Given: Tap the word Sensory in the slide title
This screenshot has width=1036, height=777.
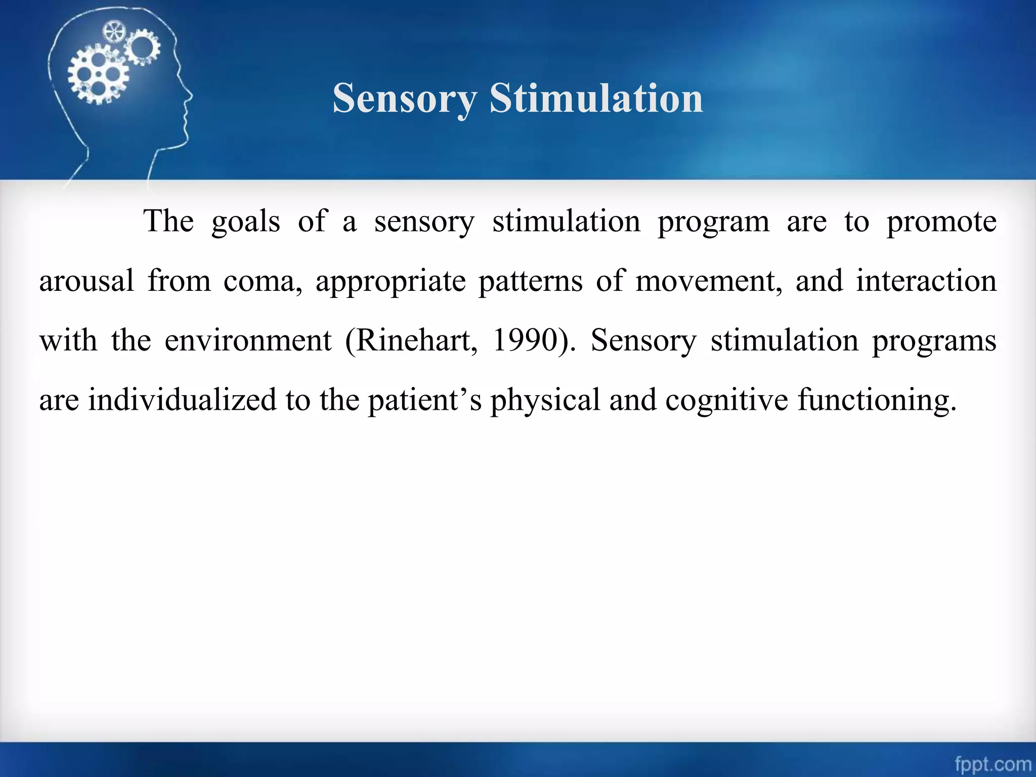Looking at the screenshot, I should click(x=405, y=99).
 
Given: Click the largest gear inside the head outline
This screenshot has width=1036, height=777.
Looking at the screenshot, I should click(x=98, y=74).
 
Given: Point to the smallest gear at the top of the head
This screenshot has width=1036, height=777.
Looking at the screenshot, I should click(x=113, y=32).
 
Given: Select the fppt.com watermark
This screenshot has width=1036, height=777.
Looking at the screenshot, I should click(x=992, y=763).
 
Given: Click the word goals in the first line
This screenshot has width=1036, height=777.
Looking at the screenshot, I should click(x=246, y=222).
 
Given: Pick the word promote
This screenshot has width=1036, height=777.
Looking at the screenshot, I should click(x=941, y=222).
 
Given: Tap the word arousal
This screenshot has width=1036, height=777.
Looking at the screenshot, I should click(x=87, y=281).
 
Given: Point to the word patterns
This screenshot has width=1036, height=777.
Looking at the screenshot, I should click(x=531, y=282).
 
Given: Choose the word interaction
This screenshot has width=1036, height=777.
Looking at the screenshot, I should click(x=926, y=281).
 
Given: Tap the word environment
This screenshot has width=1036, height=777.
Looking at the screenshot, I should click(x=248, y=340).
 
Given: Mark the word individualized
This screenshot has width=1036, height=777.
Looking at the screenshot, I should click(x=183, y=400).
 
